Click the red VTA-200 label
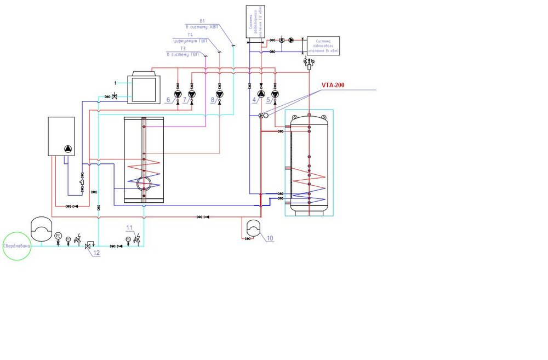(333, 85)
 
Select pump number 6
(178, 94)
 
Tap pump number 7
(191, 94)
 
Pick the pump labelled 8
(219, 94)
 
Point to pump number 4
(261, 94)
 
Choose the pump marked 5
(275, 94)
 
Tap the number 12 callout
(97, 253)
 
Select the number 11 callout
(129, 227)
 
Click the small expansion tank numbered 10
(253, 227)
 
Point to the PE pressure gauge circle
(58, 236)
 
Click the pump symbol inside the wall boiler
(67, 148)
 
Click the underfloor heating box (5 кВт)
(323, 45)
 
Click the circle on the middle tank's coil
(144, 182)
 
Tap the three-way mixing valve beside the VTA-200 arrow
(261, 116)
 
